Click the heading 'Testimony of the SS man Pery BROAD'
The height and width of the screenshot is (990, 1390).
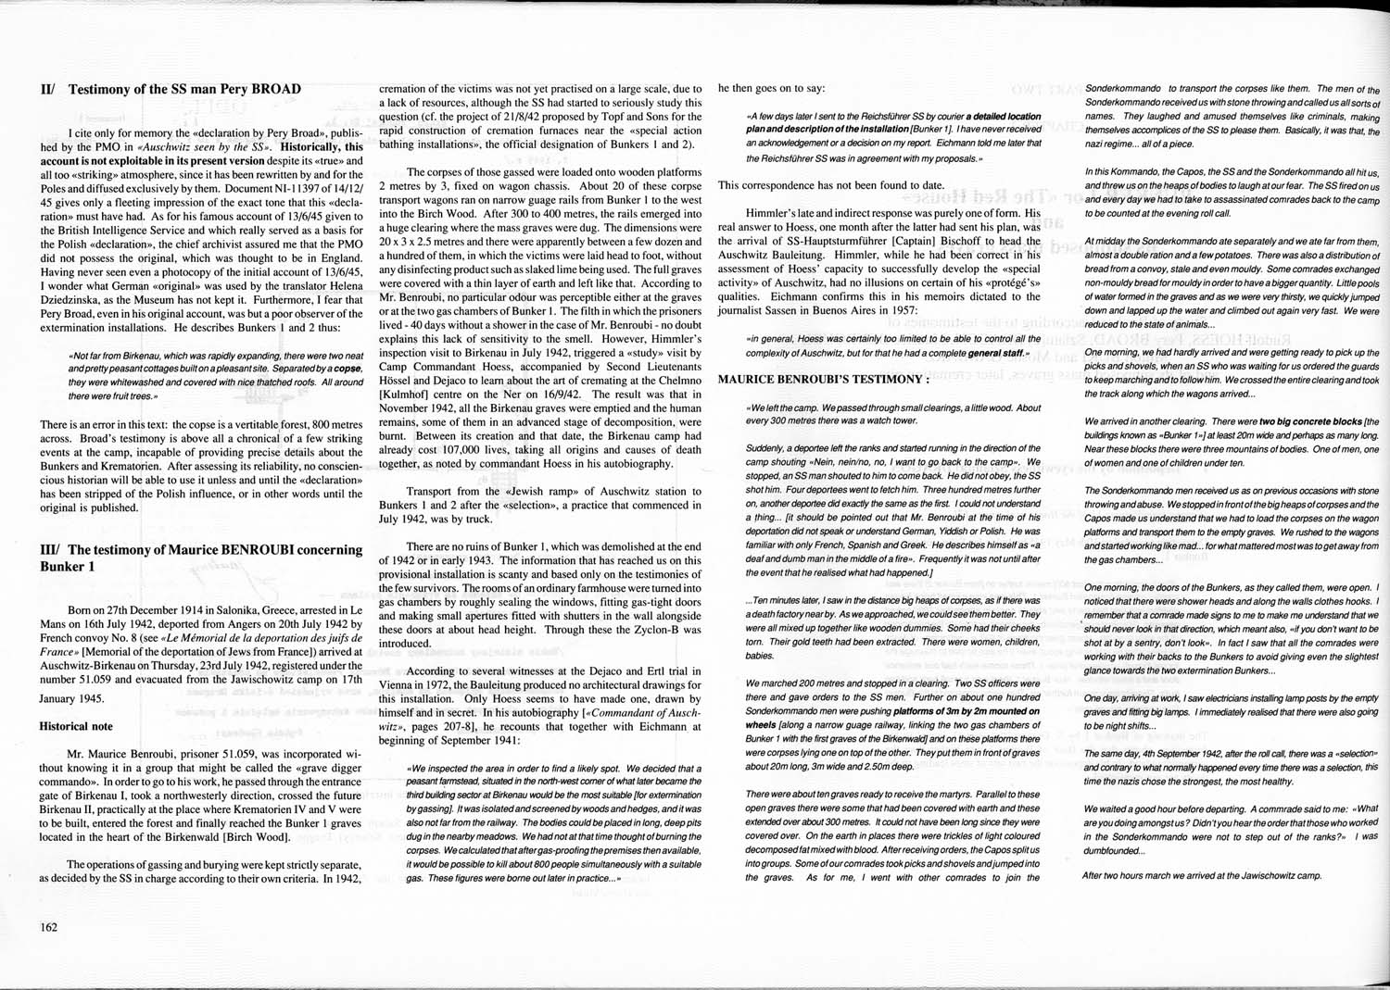click(x=184, y=90)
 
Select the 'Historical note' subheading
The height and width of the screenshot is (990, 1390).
click(x=76, y=727)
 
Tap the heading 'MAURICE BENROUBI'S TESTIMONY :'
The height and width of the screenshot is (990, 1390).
click(x=823, y=379)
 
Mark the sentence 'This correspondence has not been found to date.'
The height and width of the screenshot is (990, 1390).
click(x=831, y=185)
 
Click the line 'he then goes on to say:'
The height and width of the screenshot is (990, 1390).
click(x=771, y=89)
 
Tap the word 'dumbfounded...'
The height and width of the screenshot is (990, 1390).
click(x=1114, y=850)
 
